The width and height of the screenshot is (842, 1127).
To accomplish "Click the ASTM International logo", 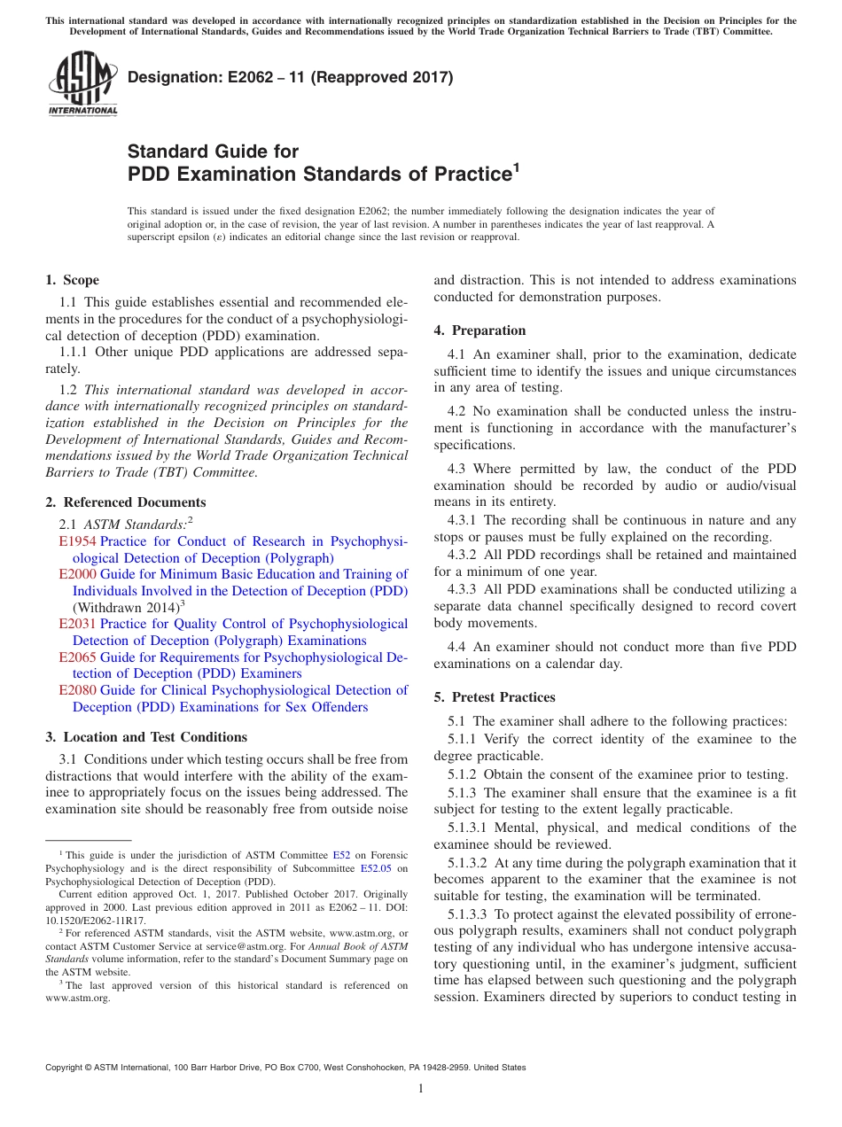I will point(82,85).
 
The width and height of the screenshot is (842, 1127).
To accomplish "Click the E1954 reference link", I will point(77,541).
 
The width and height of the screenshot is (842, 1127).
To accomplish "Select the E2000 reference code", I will point(77,574).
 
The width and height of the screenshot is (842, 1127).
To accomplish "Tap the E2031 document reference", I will point(77,624).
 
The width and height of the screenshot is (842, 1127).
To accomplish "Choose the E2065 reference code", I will point(77,657).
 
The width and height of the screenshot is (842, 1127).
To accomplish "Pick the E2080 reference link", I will point(77,690).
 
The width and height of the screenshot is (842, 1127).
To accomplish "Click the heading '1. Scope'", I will point(72,280).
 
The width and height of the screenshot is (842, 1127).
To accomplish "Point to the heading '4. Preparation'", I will point(479,330).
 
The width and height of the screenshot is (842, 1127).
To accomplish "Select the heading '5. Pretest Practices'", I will point(495,697).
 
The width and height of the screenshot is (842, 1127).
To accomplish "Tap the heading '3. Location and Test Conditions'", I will point(146,737).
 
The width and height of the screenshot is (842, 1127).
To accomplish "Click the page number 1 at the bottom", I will point(421,1089).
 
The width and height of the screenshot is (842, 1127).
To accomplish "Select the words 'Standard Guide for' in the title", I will point(214,152).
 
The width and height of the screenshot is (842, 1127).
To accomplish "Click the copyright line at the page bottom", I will point(285,1068).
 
